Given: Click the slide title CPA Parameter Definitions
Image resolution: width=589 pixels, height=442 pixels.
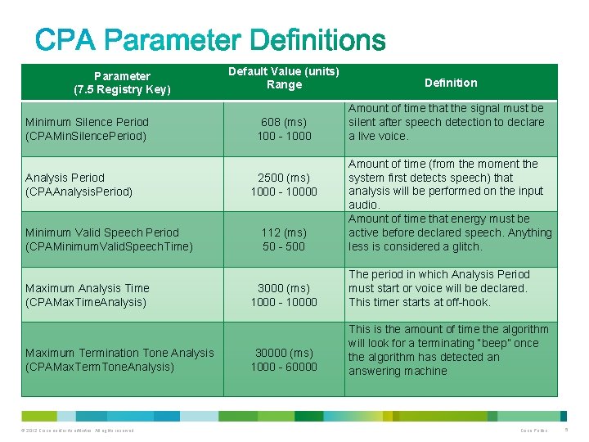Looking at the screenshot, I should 210,40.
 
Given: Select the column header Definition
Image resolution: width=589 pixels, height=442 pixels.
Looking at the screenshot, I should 451,83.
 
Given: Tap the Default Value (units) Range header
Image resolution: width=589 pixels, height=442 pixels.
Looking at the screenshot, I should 284,78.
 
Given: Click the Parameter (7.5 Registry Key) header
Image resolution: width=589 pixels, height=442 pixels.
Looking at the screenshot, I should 122,83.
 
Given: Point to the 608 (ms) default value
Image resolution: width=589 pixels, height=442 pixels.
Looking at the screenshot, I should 284,122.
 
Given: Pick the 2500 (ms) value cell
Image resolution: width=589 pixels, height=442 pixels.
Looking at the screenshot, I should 284,178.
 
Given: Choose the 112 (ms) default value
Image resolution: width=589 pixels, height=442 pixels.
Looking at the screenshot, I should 284,232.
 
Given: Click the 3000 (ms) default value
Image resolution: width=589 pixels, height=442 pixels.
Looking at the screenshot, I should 284,288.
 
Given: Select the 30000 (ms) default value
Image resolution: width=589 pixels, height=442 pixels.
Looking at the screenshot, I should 284,353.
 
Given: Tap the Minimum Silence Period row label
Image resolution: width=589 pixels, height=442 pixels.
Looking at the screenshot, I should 88,122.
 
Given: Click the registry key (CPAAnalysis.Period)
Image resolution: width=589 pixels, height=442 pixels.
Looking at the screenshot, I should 79,192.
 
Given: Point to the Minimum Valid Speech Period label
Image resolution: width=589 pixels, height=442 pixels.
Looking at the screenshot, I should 102,232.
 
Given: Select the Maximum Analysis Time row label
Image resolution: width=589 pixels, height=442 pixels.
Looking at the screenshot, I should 88,288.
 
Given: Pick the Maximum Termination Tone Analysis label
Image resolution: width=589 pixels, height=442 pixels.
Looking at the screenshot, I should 119,353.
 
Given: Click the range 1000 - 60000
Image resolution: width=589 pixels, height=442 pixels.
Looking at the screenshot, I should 284,367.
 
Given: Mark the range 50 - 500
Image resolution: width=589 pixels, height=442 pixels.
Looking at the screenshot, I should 284,246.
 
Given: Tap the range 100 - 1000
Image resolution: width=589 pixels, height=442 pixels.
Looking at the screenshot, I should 284,136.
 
